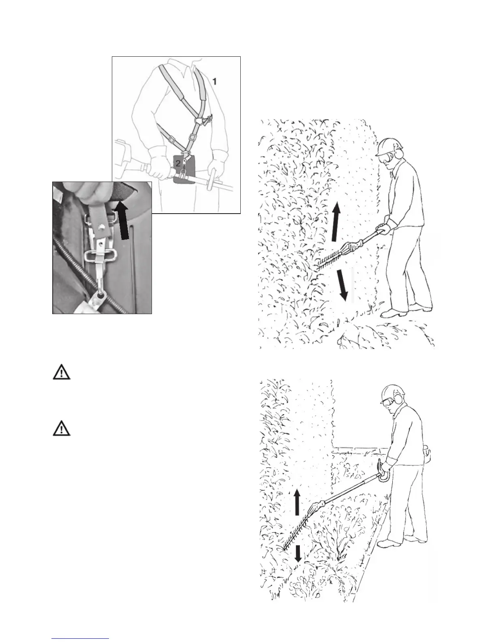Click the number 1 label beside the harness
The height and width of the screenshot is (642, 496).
[x=215, y=81]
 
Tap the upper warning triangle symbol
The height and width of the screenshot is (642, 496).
[x=62, y=373]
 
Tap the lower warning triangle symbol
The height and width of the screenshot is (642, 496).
[x=62, y=429]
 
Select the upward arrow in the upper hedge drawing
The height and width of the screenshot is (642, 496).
[x=336, y=223]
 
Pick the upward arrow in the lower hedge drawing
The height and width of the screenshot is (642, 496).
[x=297, y=502]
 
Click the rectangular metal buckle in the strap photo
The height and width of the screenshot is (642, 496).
[x=101, y=255]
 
